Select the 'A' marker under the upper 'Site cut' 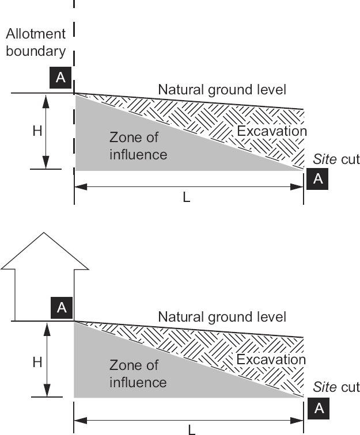pyautogui.click(x=318, y=179)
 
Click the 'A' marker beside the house pyautogui.click(x=62, y=308)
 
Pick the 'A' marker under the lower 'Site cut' pyautogui.click(x=318, y=408)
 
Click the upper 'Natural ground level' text pyautogui.click(x=222, y=90)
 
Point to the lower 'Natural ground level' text pyautogui.click(x=222, y=316)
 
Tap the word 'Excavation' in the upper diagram pyautogui.click(x=272, y=131)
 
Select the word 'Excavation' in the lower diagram pyautogui.click(x=271, y=360)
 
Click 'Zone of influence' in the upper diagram pyautogui.click(x=138, y=146)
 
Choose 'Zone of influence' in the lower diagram pyautogui.click(x=138, y=373)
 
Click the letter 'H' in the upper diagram pyautogui.click(x=37, y=131)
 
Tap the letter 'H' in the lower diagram pyautogui.click(x=37, y=362)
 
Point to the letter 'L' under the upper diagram pyautogui.click(x=186, y=197)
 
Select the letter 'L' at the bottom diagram pyautogui.click(x=191, y=429)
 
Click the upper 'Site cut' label pyautogui.click(x=336, y=159)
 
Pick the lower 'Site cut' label pyautogui.click(x=336, y=387)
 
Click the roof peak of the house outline pyautogui.click(x=45, y=233)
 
